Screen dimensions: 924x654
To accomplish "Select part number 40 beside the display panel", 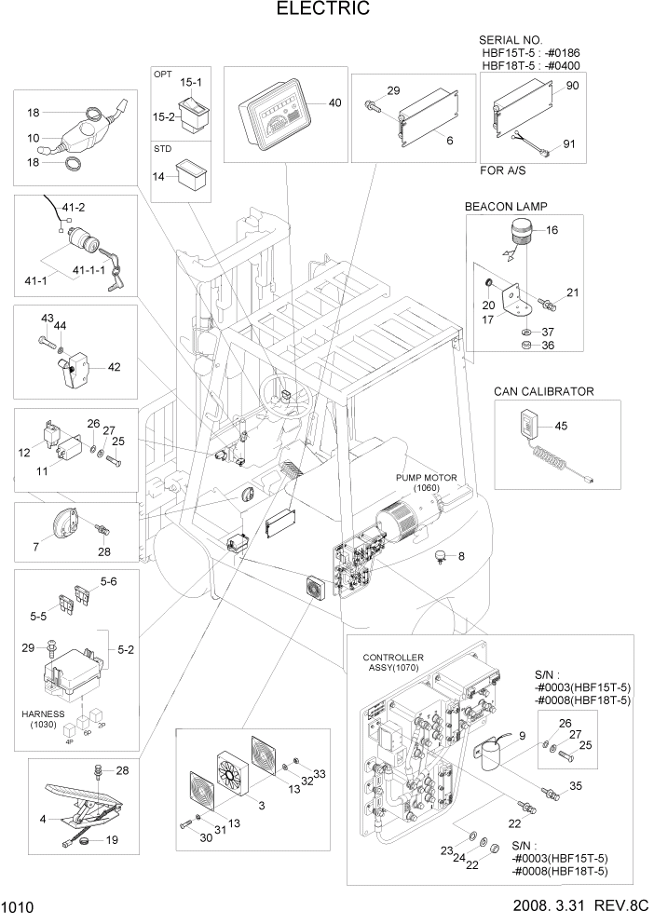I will (x=335, y=102).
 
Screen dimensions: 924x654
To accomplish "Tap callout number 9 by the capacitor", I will (x=522, y=736).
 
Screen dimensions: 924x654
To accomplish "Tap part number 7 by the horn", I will (x=36, y=546).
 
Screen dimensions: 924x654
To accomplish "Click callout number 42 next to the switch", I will (x=114, y=367).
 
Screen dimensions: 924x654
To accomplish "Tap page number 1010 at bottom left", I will (x=18, y=906).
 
